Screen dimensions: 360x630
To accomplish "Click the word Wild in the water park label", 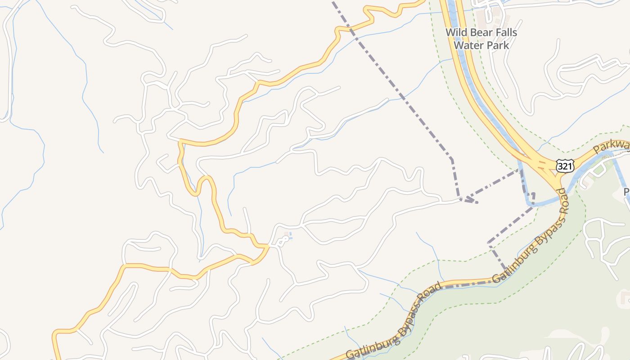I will pos(455,32).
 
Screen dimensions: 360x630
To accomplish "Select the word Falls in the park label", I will pos(505,32).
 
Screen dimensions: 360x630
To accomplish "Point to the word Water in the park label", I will pos(467,45).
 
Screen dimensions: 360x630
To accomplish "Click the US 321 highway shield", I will pos(564,166).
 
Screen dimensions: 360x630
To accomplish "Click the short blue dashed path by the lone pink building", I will pos(291,235).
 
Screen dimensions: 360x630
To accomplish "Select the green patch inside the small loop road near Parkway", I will pos(598,170).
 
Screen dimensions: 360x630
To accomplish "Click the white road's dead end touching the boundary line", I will pos(460,198).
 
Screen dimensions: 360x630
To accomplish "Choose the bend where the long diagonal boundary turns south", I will pos(451,159).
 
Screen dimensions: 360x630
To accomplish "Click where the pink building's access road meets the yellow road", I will pos(269,246).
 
